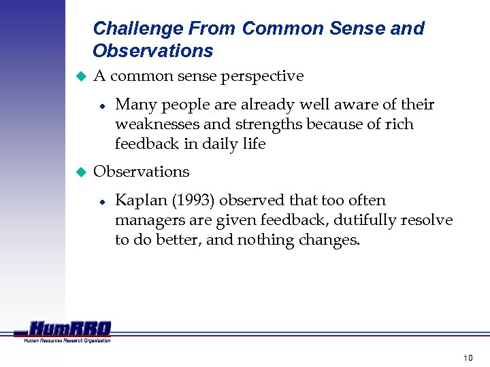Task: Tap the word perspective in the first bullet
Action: [x=262, y=76]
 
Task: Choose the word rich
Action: [x=398, y=124]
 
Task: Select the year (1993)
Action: [x=193, y=200]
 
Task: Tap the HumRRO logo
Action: [x=68, y=328]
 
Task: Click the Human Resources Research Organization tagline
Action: [x=67, y=340]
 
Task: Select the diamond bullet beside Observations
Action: [x=78, y=172]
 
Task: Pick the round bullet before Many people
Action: [x=101, y=105]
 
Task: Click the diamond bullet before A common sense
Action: [x=78, y=77]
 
